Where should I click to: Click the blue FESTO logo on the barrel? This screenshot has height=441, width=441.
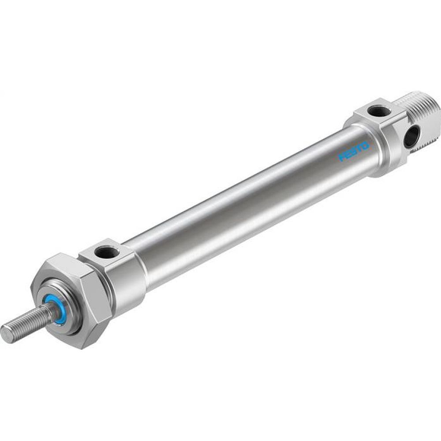tap(353, 151)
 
